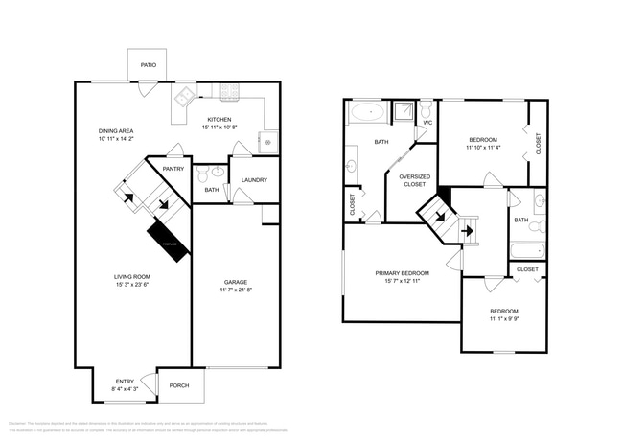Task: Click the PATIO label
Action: point(148,65)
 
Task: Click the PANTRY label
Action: point(173,169)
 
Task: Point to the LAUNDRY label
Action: point(254,180)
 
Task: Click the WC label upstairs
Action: point(427,123)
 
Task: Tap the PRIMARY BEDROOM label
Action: point(402,274)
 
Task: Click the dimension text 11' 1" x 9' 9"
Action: point(503,319)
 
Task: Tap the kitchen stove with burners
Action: point(231,93)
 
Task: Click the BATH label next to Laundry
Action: point(212,190)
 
